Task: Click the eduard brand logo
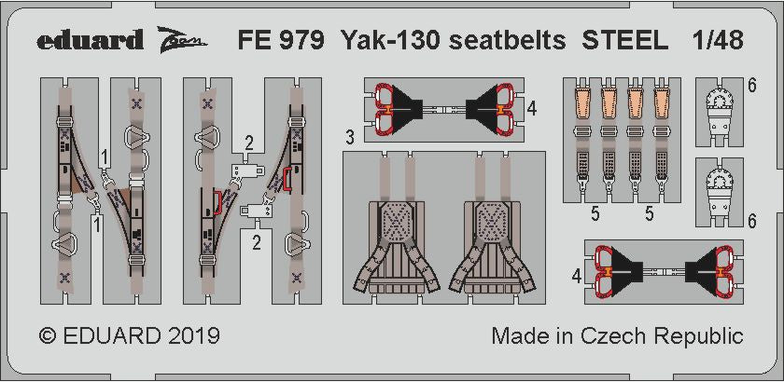[91, 39]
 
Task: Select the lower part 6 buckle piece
[726, 195]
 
